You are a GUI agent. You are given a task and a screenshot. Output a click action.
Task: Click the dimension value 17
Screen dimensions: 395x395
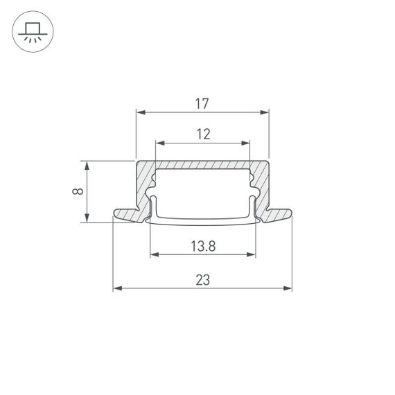(x=202, y=104)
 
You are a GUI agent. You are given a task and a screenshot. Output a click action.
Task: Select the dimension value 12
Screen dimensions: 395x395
(x=202, y=134)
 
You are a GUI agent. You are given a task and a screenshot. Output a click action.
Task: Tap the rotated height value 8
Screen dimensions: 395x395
(x=78, y=192)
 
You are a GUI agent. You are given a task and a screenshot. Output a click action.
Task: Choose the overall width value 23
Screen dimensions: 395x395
(x=202, y=280)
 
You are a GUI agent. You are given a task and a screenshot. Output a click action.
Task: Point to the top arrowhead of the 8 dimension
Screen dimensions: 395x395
(x=87, y=165)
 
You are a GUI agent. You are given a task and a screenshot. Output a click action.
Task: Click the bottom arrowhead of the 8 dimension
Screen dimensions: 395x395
(x=87, y=218)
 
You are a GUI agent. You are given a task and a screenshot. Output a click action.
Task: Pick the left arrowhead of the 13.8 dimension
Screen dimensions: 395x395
(x=153, y=254)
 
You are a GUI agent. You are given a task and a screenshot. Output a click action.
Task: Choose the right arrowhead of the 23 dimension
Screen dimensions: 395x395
(x=288, y=288)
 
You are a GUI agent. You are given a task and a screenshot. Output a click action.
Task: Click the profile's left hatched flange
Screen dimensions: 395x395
(x=128, y=215)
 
